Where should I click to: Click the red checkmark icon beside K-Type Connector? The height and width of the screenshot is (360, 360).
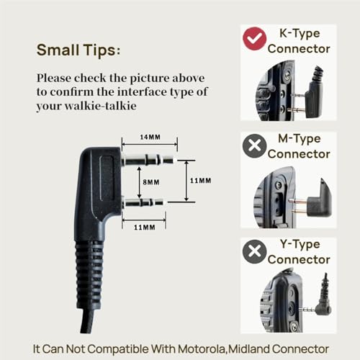pos(254,39)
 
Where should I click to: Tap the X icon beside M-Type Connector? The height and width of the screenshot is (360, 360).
pos(254,145)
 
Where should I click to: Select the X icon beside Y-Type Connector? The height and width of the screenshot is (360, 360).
pos(254,251)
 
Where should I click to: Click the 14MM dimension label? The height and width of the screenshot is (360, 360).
pos(150,137)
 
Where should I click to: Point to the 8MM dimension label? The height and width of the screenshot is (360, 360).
pos(151,182)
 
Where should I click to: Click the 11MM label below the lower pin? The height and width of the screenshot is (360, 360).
pos(145,227)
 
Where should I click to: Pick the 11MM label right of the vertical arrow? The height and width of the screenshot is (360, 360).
pos(201,181)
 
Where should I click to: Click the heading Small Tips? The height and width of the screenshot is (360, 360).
pos(78,50)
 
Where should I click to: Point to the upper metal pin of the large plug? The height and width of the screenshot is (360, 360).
pos(148,159)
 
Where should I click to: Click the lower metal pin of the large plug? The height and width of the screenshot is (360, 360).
pos(143,203)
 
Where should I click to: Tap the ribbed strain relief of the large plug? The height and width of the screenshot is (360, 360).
pos(89,275)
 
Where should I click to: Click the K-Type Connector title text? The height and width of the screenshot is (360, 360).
pos(299,41)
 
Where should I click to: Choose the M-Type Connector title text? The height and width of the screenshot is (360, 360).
pos(299,146)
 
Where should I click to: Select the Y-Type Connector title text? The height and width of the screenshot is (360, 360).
pos(299,252)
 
